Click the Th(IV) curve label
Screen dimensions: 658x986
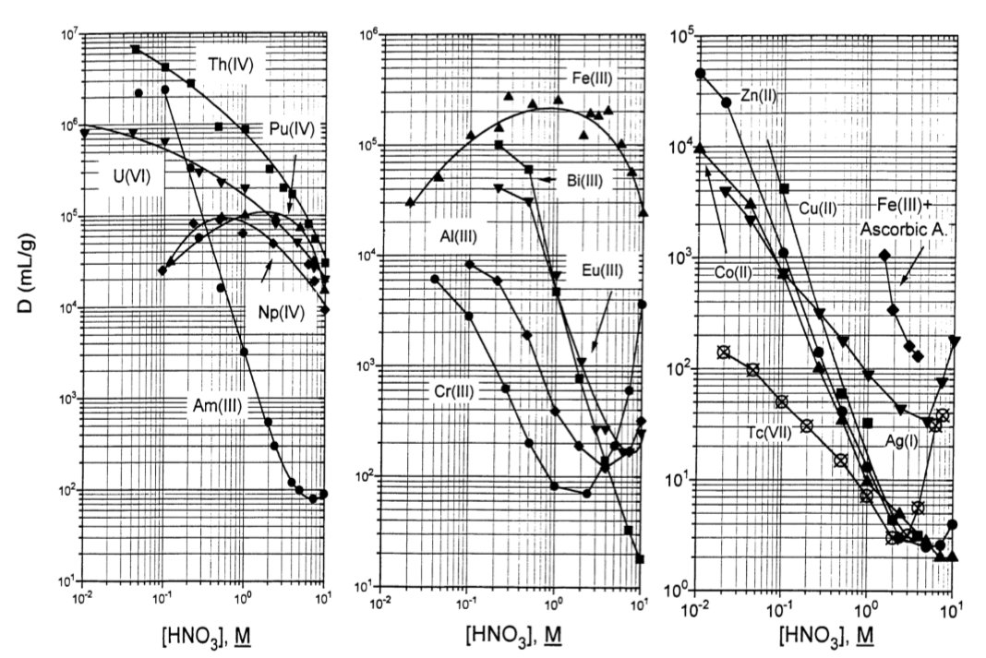226,64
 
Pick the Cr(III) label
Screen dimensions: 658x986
453,389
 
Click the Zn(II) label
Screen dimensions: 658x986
760,94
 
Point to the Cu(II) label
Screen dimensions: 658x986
818,209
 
